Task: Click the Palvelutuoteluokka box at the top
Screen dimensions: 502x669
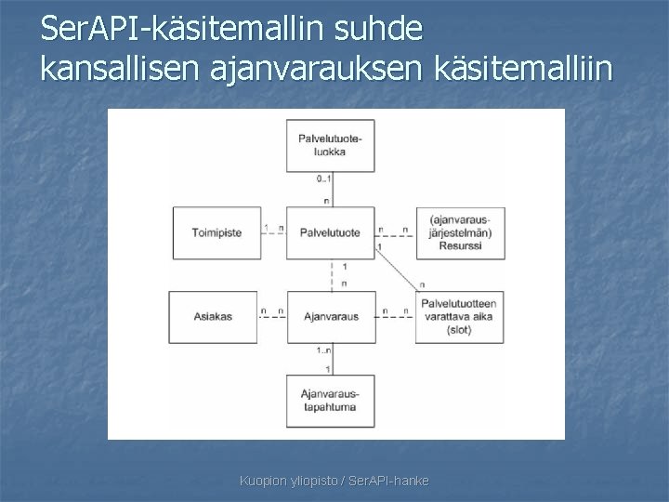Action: (x=332, y=145)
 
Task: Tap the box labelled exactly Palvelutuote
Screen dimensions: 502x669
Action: (x=332, y=231)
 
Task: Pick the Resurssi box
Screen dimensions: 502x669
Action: (x=461, y=231)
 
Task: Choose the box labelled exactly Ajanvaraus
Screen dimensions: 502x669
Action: (x=332, y=317)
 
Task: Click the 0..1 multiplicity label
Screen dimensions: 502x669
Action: (x=322, y=178)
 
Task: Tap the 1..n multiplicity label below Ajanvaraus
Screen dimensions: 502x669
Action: (x=322, y=350)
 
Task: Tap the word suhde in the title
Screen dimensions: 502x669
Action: (x=381, y=31)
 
